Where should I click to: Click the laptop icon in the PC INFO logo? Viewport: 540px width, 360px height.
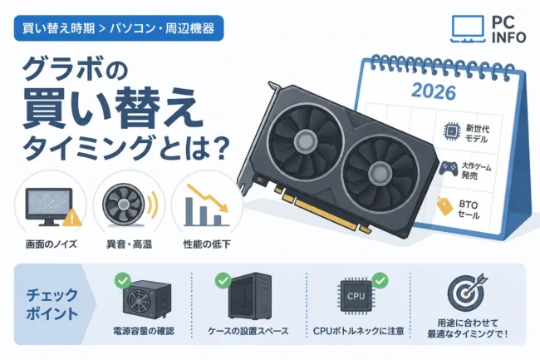(468, 29)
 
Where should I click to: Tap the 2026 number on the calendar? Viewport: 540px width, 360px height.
(434, 91)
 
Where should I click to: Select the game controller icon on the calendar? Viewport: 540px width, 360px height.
(448, 169)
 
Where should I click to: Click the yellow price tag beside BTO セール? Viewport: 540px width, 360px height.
(444, 206)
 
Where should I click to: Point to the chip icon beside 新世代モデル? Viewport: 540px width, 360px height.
(450, 131)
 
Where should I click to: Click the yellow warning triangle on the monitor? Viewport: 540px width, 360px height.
(71, 218)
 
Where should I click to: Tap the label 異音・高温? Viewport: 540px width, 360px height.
(129, 244)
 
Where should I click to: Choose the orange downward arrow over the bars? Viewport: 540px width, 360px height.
(208, 198)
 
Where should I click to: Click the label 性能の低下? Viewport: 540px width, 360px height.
(207, 244)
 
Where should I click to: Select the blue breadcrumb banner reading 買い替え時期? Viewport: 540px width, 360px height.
(119, 28)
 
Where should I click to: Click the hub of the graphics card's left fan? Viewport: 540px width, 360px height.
(306, 140)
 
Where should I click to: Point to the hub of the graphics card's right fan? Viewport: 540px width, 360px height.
(379, 171)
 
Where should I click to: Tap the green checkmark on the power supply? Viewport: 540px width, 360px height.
(123, 281)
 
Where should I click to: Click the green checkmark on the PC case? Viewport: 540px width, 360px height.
(223, 280)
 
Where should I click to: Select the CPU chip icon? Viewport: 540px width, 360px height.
(356, 296)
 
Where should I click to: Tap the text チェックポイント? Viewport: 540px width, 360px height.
(52, 305)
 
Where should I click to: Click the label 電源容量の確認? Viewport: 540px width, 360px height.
(144, 332)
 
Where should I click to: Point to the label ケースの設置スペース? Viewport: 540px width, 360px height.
(248, 332)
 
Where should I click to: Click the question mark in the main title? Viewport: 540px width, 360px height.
(219, 148)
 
